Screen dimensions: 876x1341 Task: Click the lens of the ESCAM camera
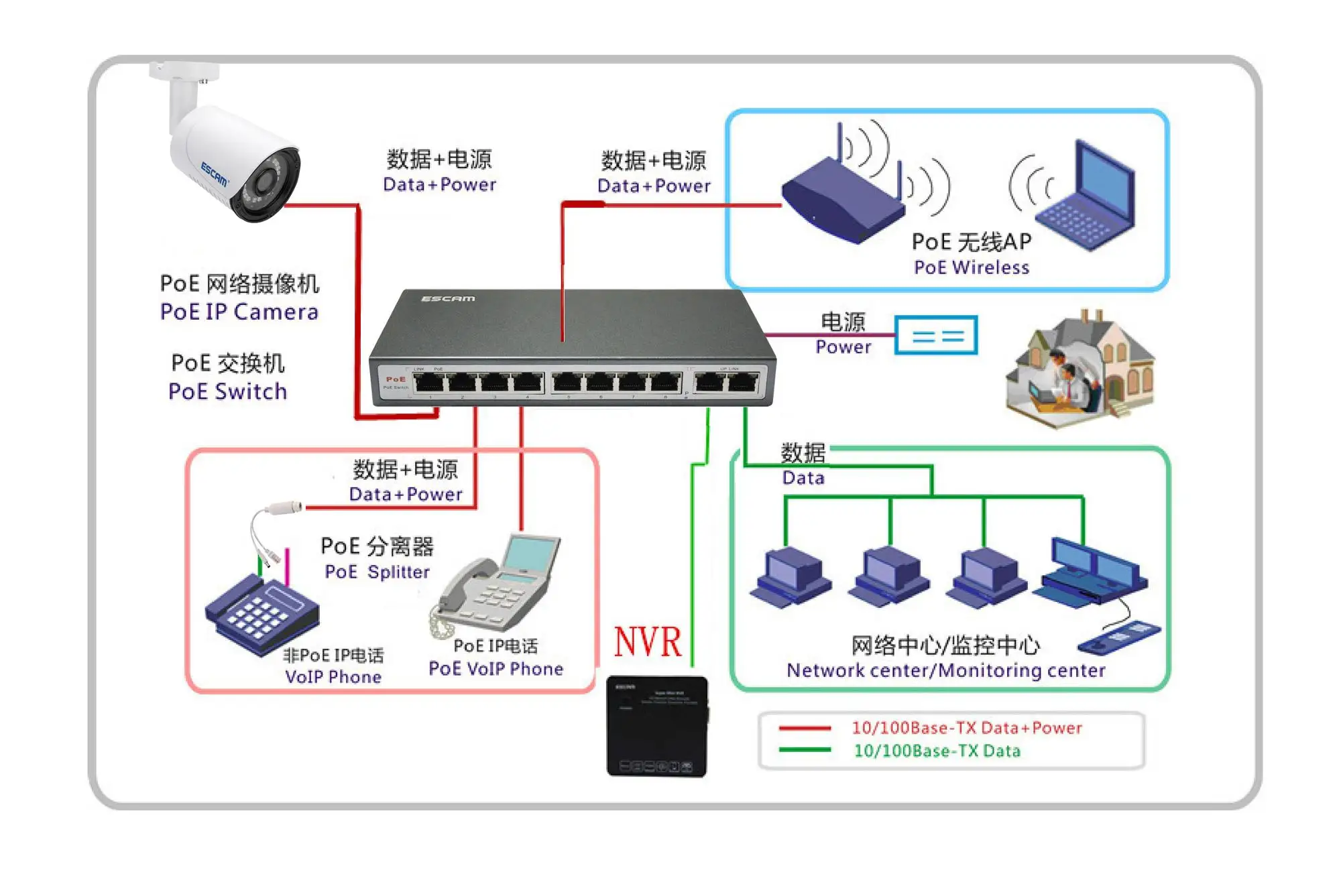(266, 182)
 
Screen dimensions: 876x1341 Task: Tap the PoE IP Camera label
(239, 312)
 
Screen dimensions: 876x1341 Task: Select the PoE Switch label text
(228, 391)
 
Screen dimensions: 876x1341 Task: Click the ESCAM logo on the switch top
(448, 298)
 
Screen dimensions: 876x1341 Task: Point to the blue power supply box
(936, 335)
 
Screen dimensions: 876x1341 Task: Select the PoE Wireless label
(972, 267)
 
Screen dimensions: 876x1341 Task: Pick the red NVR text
(648, 642)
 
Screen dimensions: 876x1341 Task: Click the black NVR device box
(657, 727)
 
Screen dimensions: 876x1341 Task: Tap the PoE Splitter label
(377, 572)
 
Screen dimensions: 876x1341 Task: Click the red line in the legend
(805, 728)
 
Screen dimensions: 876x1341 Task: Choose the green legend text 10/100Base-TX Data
(937, 751)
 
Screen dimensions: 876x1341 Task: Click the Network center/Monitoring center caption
(945, 670)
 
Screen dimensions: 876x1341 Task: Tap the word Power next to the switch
(843, 347)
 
